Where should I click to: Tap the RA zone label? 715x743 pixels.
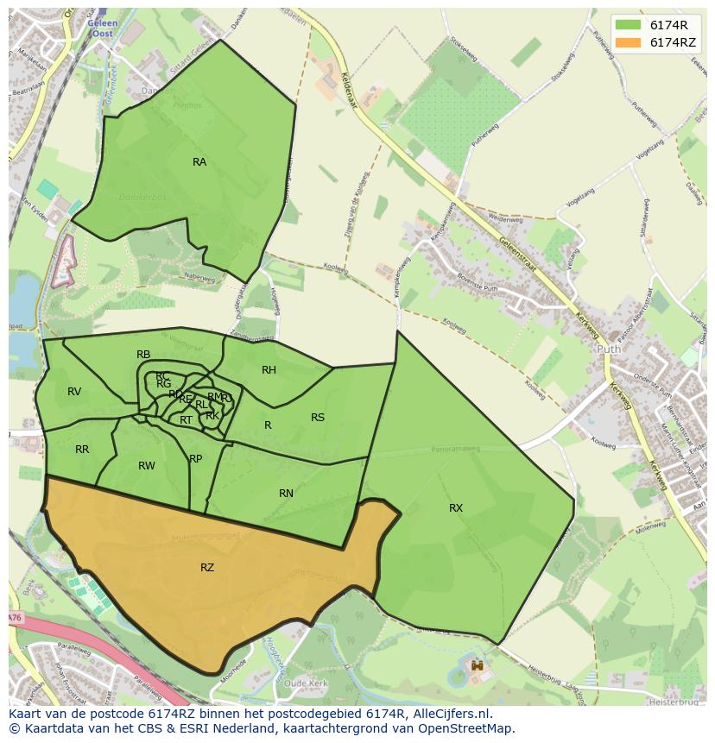[199, 162]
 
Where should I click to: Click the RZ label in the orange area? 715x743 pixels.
[207, 568]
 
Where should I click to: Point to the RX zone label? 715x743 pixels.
[456, 508]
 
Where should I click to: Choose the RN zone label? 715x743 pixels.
[286, 494]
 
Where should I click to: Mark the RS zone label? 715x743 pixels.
[318, 418]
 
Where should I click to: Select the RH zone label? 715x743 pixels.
[269, 370]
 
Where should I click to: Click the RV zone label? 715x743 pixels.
[74, 392]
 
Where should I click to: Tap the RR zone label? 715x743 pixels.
[82, 450]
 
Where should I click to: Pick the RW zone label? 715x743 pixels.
[147, 466]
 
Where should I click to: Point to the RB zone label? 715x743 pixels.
[143, 355]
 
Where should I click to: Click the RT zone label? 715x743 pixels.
[186, 420]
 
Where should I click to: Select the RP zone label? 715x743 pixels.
[196, 459]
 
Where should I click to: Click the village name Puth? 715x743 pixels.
[608, 350]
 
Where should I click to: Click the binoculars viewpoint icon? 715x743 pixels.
[477, 666]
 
